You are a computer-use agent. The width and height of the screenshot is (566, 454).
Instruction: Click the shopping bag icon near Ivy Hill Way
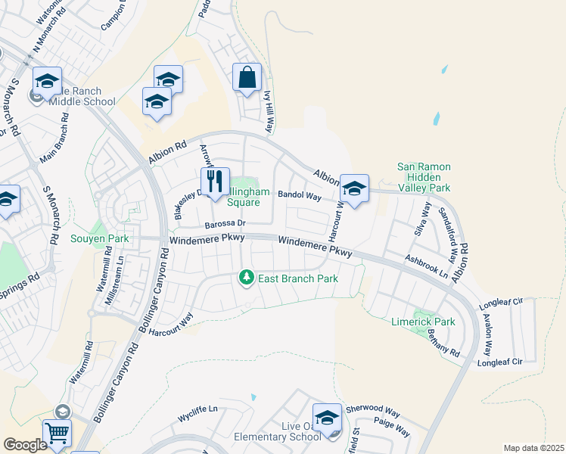[247, 78]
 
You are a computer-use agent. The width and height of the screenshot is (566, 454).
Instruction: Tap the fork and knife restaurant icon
[215, 182]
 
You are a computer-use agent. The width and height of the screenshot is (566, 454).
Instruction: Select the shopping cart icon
[58, 434]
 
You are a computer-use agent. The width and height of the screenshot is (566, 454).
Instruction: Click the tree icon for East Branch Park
[246, 278]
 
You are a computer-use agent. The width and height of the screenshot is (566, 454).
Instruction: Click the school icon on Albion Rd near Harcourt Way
[354, 189]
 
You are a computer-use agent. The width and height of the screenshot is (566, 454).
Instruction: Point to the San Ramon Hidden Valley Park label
[424, 177]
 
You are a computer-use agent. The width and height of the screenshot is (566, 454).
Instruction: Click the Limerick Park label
[423, 322]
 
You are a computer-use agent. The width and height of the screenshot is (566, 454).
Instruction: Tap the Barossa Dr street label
[226, 224]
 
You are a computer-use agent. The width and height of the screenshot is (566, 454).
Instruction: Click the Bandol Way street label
[300, 195]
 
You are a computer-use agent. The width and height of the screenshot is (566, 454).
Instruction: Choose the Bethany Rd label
[443, 344]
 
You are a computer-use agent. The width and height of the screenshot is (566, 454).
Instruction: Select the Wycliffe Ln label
[197, 409]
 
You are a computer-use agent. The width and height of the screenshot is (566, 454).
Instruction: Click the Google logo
[25, 445]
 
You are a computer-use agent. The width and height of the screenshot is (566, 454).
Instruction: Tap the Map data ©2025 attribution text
[533, 448]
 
